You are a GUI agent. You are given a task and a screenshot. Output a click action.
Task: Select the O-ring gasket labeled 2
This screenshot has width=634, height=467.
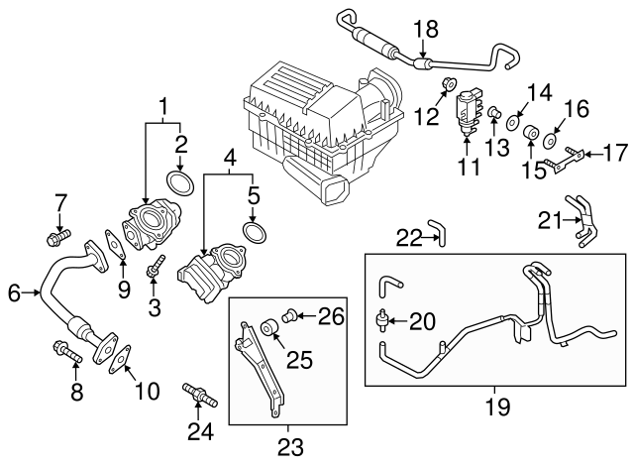click(178, 183)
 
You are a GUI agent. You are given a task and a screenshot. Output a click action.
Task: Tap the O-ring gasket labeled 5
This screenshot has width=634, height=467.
click(256, 235)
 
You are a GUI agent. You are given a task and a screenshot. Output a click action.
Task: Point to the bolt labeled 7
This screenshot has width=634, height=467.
click(56, 237)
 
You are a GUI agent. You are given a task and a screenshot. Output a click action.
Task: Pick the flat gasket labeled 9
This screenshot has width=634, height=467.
click(114, 247)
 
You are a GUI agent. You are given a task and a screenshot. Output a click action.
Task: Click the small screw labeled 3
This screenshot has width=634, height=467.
click(156, 269)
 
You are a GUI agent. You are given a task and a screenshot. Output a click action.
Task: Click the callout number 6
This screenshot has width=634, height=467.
click(15, 292)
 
